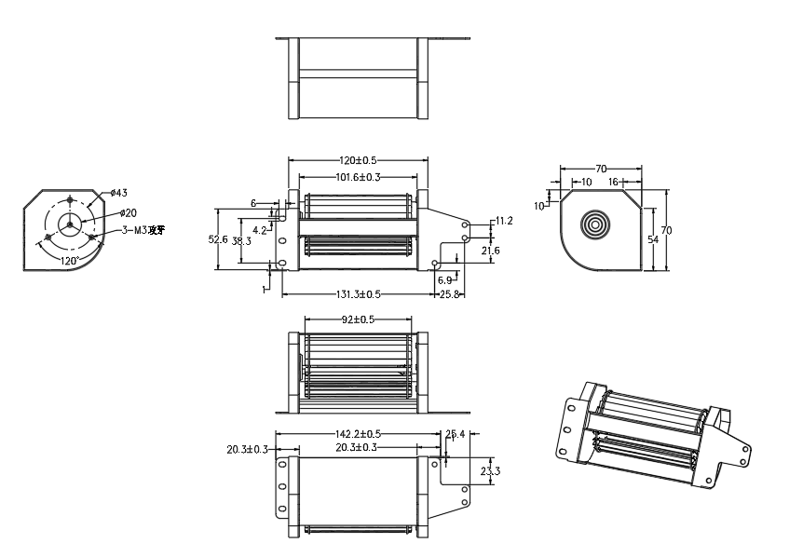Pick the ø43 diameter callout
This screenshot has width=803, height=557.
(x=118, y=193)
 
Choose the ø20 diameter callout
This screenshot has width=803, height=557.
(x=128, y=213)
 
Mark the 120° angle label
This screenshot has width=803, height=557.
(x=68, y=261)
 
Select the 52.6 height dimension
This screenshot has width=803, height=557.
(x=218, y=239)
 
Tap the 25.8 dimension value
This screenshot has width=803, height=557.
(x=451, y=294)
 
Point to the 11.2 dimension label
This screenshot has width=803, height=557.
(x=504, y=221)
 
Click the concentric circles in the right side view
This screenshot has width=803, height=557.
(x=593, y=225)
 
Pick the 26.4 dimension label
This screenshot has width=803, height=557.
(x=456, y=434)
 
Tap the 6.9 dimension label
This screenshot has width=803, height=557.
(x=444, y=279)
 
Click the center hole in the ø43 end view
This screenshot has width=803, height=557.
(x=69, y=224)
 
